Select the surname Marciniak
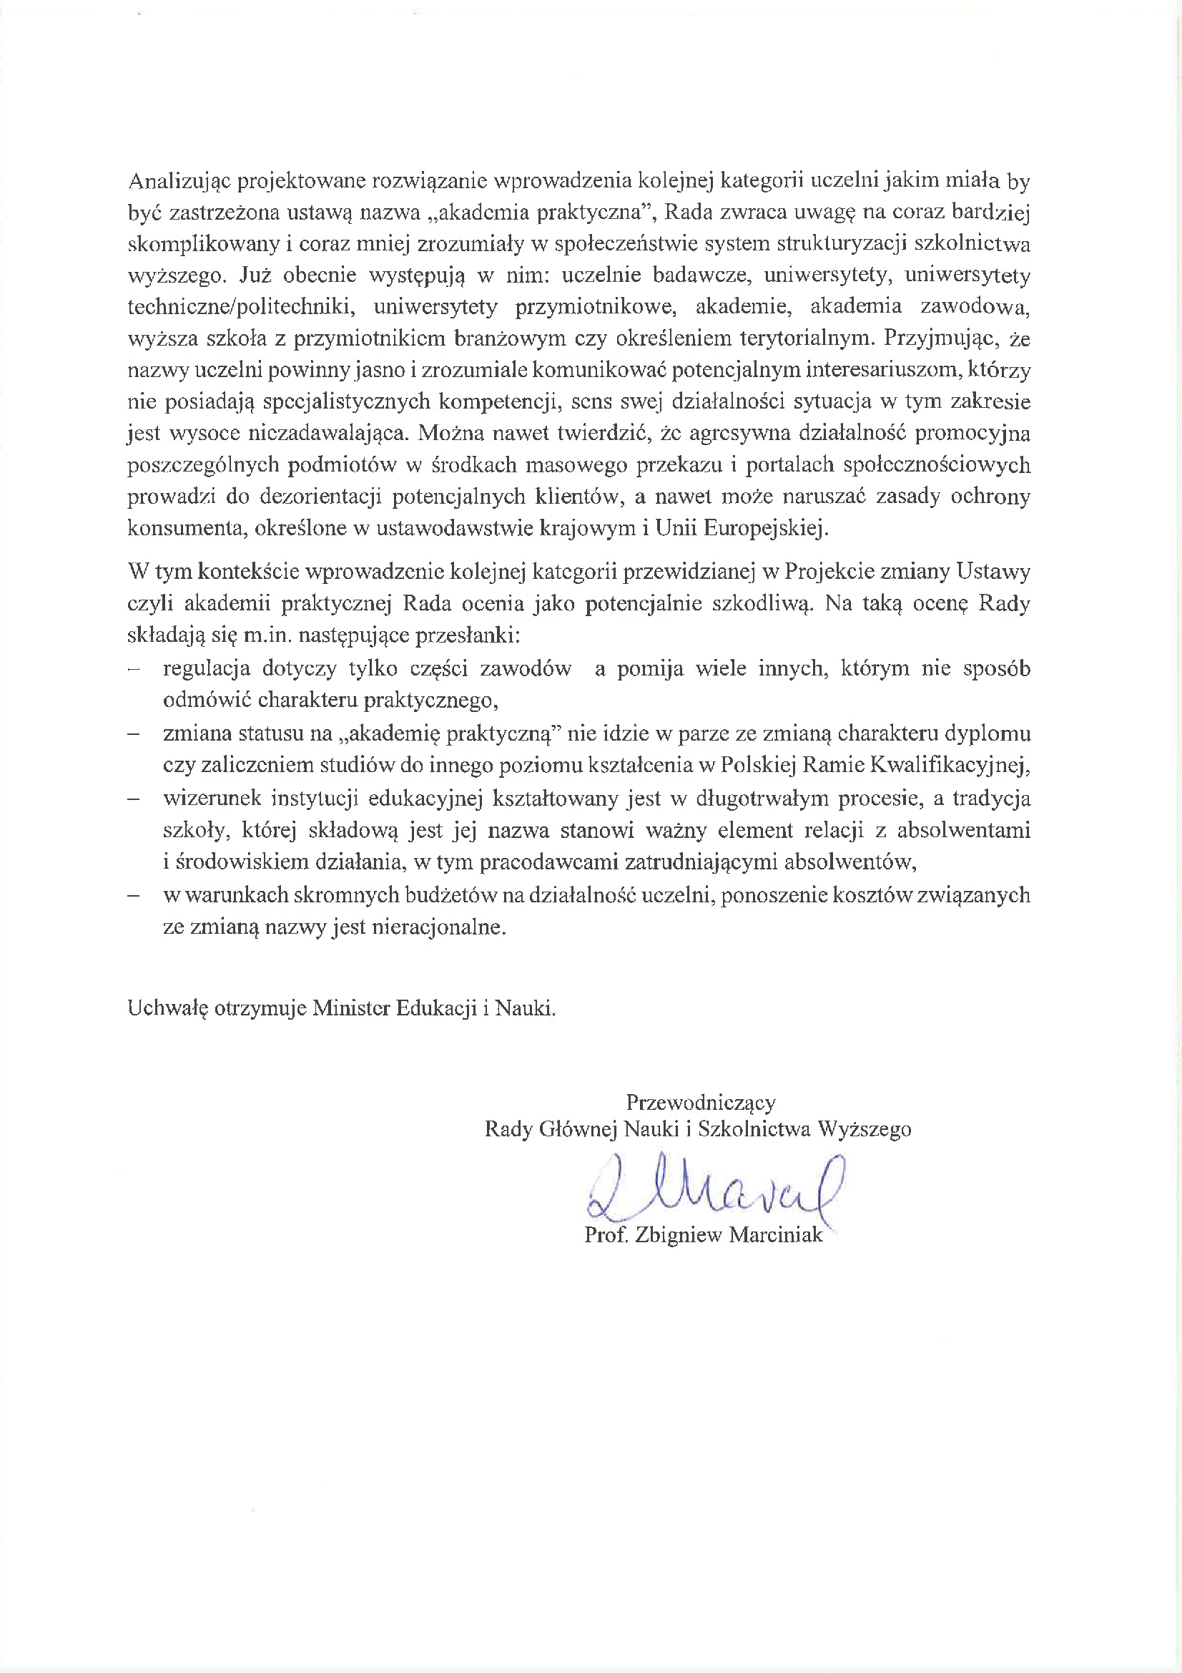click(777, 1235)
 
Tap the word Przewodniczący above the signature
click(701, 1103)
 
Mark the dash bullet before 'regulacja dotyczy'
click(133, 669)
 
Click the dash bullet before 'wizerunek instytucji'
click(133, 799)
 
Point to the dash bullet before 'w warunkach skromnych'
click(133, 895)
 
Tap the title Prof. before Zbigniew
click(606, 1235)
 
